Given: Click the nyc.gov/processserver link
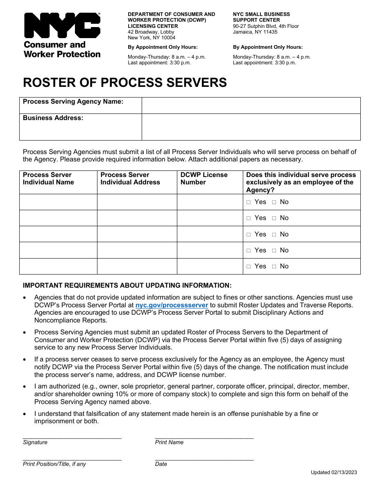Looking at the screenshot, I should point(172,305).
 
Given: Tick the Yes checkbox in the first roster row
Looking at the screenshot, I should point(249,202).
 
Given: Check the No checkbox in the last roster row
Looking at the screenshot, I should point(274,266).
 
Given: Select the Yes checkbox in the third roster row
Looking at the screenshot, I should point(249,234).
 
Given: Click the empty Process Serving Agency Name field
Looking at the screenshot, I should point(251,105).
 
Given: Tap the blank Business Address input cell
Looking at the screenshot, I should point(251,127).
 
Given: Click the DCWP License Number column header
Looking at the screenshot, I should point(204,179).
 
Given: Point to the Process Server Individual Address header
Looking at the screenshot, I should point(130,179).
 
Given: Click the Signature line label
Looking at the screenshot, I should point(35,443).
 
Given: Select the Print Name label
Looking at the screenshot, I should point(169,443).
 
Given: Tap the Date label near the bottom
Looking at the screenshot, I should point(161,464).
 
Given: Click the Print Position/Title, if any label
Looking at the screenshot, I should point(54,464).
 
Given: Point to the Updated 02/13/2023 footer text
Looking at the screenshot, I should point(333,472).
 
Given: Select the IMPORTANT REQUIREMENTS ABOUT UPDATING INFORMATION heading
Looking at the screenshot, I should point(127,286).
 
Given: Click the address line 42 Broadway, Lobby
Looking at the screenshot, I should point(151,32).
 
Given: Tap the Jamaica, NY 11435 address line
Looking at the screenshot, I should point(255,32).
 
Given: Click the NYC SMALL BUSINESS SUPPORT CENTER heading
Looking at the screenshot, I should point(261,17).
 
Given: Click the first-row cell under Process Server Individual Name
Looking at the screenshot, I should point(58,202).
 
